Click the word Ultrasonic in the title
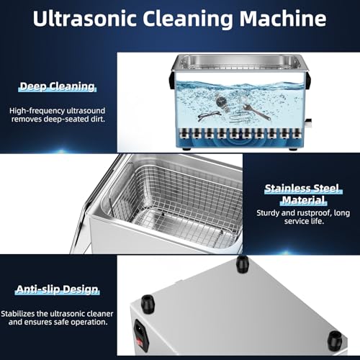85,18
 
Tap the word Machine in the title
283,18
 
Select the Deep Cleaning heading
57,86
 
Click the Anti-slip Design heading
57,289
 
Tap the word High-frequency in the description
37,111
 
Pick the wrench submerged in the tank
256,112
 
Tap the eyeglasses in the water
209,117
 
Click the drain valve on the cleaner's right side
308,123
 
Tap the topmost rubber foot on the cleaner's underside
243,264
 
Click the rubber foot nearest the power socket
148,303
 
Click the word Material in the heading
303,200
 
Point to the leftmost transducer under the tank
184,133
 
